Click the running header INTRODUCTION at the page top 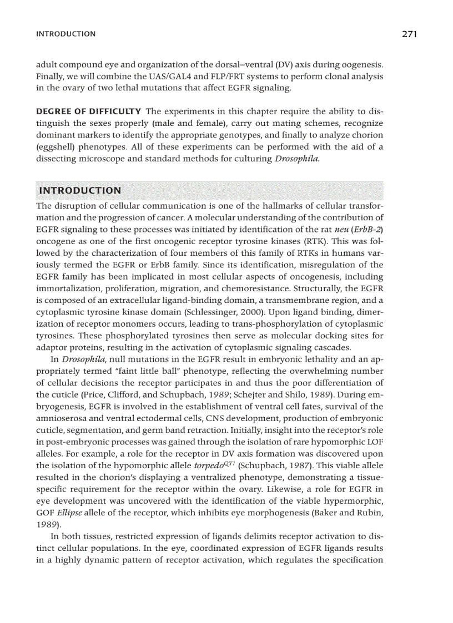66,34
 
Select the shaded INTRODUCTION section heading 80,190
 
